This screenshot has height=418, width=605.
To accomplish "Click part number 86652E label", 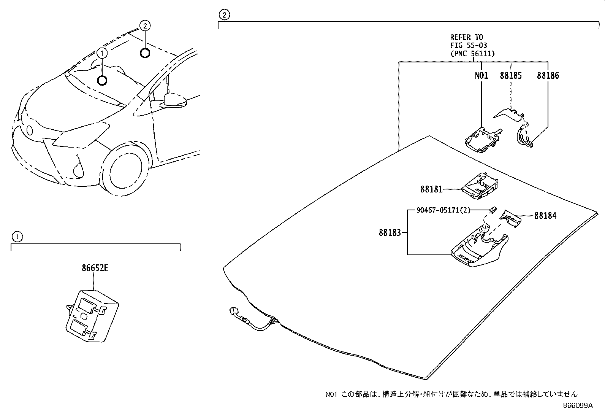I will pos(95,268).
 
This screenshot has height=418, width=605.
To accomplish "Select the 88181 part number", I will pos(431,189).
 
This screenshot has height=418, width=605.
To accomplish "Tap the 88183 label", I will pos(390,232).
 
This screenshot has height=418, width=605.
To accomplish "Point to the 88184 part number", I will pos(545,216).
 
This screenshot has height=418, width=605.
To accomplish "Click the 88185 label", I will pos(510,75).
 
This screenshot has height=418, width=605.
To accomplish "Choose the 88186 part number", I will pos(548,75).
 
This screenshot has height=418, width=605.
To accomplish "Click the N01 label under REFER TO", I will pos(481,75).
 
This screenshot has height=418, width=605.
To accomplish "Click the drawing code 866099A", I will pos(577,405).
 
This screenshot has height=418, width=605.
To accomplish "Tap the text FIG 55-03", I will pos(469,45).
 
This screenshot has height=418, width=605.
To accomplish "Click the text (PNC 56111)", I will pos(472,54).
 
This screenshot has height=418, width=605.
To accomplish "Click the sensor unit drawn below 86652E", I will pos(91,316).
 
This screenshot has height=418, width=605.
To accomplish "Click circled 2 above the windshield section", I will pos(225,15).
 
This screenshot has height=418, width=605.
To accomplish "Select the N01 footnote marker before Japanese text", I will pos(331,394).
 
